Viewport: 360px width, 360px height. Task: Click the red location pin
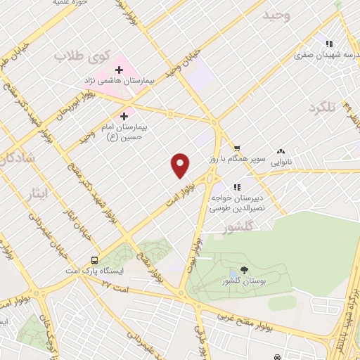[180, 165]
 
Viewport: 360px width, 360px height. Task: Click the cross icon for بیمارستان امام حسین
[125, 115]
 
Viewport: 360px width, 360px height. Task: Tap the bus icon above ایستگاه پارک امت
[94, 258]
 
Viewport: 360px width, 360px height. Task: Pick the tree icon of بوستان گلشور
[244, 269]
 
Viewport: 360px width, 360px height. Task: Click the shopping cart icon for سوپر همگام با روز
[238, 148]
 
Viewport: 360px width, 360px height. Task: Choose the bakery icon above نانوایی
[281, 150]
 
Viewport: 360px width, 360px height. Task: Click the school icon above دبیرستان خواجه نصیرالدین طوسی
[237, 186]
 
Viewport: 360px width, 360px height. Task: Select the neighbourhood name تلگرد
[323, 107]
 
